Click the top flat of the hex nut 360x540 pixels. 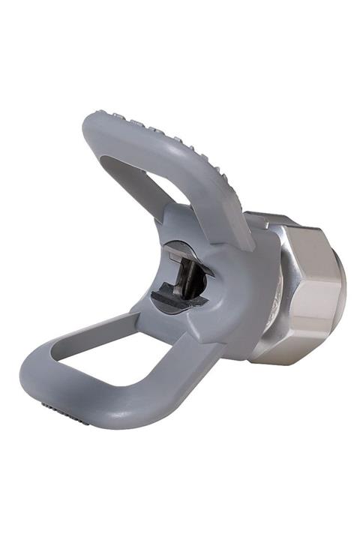click(x=292, y=225)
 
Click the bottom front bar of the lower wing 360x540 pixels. click(x=112, y=409)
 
